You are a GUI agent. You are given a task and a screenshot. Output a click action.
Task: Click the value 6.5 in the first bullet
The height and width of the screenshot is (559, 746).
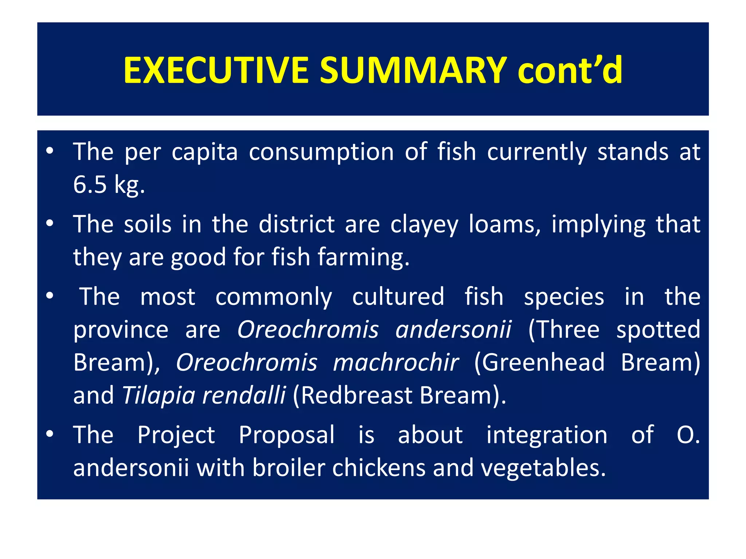tap(90, 185)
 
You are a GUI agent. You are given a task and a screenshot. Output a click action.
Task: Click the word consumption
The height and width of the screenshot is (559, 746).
tap(321, 152)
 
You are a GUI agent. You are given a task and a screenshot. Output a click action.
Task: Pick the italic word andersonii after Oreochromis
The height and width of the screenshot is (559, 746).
tap(454, 329)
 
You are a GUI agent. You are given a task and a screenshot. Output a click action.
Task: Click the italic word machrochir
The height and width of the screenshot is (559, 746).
tap(396, 362)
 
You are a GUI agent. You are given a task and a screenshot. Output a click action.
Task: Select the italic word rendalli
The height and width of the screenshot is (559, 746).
tap(244, 395)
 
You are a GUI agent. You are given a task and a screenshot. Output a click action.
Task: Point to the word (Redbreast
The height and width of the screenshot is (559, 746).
tap(353, 395)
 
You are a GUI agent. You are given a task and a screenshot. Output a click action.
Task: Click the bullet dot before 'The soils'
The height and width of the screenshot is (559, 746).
tap(50, 223)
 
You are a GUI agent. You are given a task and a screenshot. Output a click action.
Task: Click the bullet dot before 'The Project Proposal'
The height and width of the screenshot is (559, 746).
tap(50, 433)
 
